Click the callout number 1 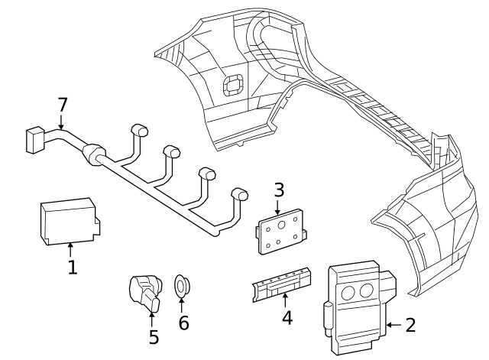click(x=72, y=268)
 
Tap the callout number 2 click(x=410, y=326)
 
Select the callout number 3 click(x=279, y=189)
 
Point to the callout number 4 click(x=287, y=316)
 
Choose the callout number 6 click(x=183, y=323)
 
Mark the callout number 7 click(x=63, y=105)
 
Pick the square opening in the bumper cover click(x=232, y=86)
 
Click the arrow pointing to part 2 click(x=393, y=326)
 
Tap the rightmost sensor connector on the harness click(x=240, y=196)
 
